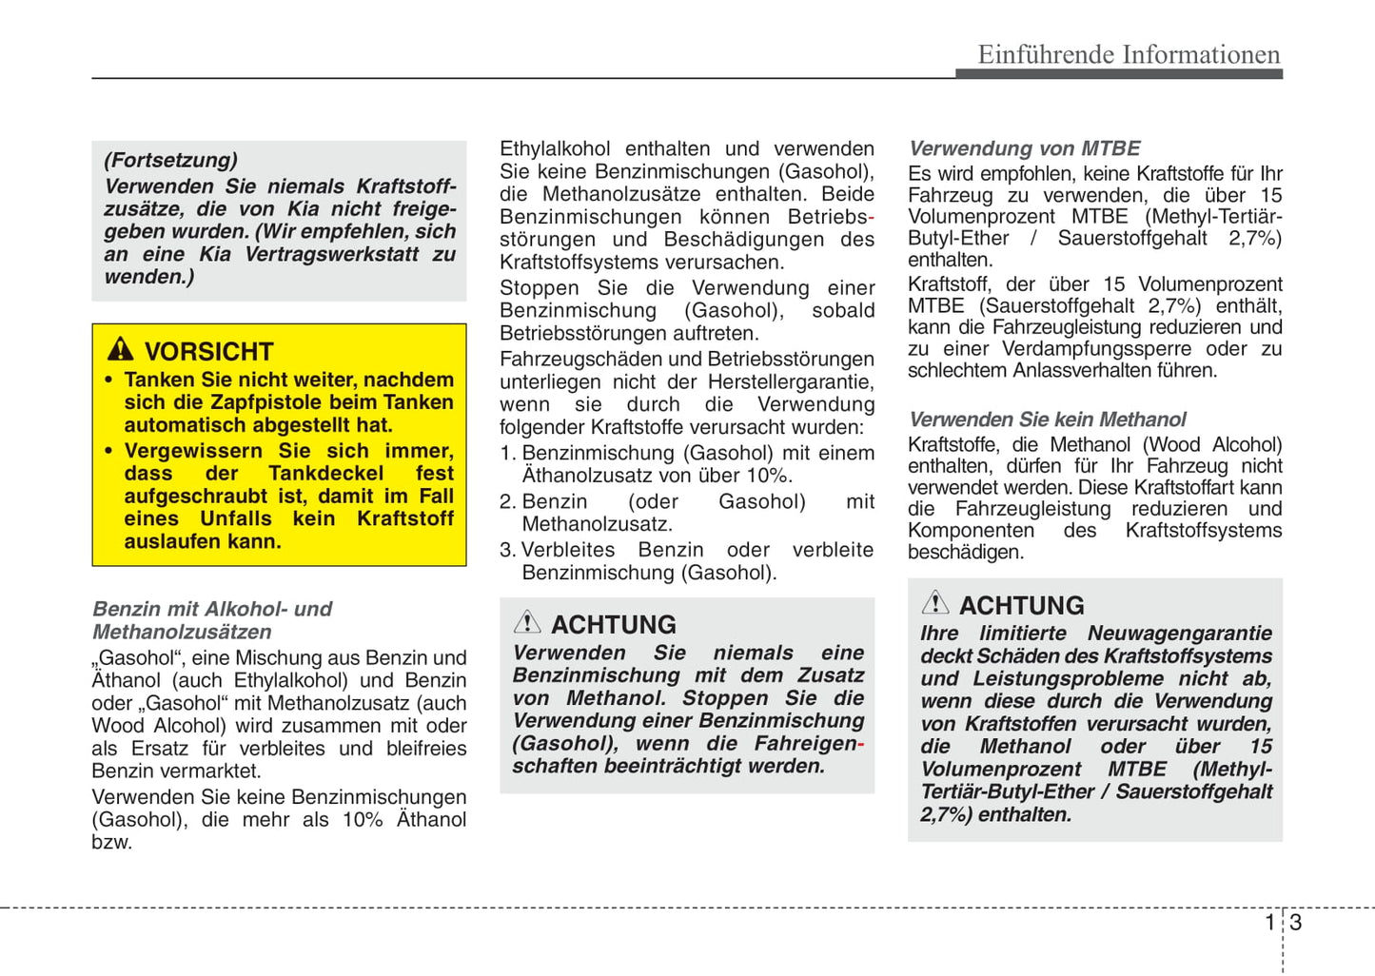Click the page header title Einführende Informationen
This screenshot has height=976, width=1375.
(x=1129, y=54)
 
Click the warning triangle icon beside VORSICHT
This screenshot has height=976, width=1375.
(x=121, y=349)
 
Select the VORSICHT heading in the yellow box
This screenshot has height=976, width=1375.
(x=208, y=351)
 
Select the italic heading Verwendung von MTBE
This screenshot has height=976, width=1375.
(x=1024, y=148)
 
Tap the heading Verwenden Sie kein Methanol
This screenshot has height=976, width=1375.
(x=1047, y=420)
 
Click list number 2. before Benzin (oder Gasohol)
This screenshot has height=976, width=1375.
(x=508, y=502)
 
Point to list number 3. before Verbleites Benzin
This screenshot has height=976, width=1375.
(x=508, y=550)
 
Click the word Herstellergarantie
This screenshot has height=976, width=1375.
(x=790, y=382)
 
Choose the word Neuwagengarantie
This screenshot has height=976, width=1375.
(x=1180, y=634)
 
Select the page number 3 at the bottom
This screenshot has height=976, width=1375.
(x=1295, y=922)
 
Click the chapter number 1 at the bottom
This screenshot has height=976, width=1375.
(x=1269, y=922)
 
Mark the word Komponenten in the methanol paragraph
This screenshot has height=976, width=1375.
(x=971, y=531)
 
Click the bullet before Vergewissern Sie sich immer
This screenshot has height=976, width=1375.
(x=108, y=452)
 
